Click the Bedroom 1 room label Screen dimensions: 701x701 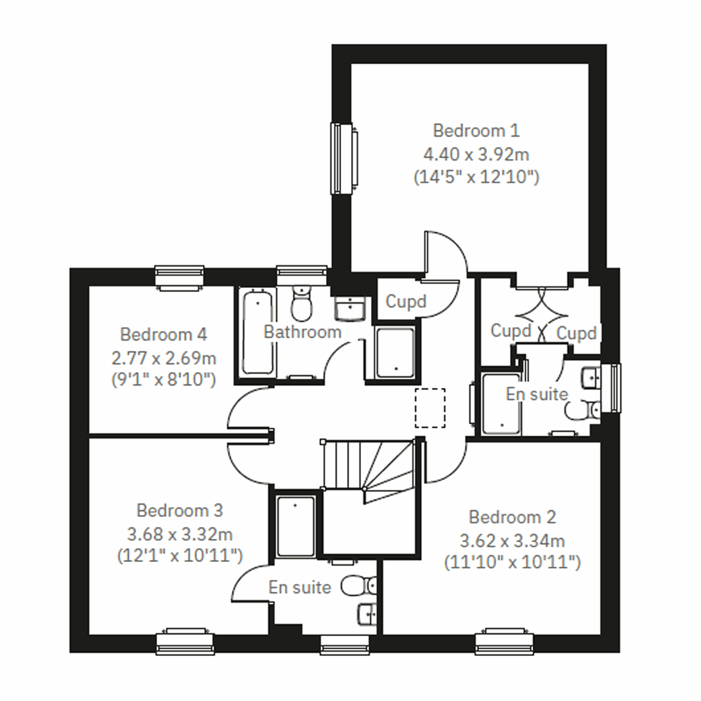coord(476,130)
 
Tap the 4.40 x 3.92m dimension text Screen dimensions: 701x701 coord(476,154)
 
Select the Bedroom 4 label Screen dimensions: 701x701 coord(163,335)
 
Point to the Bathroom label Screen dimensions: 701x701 coord(302,332)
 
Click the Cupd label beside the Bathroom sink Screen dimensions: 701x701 coord(405,301)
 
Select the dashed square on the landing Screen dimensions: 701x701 coord(430,408)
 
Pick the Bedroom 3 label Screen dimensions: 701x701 coord(179,511)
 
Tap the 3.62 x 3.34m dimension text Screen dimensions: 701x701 coord(512,541)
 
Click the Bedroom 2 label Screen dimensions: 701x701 coord(512,517)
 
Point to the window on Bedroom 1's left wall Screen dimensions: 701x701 coord(344,158)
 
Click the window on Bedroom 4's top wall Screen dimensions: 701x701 coord(180,277)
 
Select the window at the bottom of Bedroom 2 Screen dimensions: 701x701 coord(505,641)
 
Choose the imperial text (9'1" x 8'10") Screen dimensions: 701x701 coord(164,380)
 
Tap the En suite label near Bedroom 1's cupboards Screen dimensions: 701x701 coord(536,394)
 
